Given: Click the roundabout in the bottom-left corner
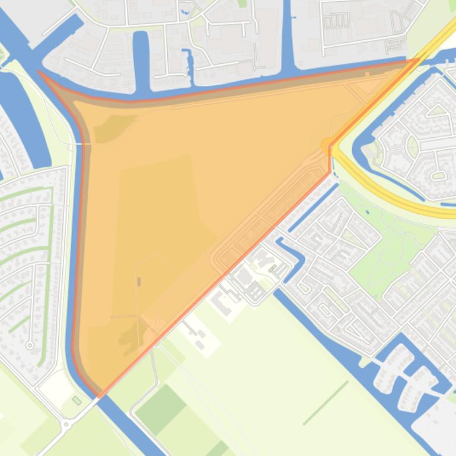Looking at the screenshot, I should pos(66,424).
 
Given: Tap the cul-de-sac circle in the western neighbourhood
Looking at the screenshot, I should pos(30,345).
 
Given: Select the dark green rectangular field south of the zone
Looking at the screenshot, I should pos(161,409).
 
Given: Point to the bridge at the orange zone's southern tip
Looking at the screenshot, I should pos(100,396).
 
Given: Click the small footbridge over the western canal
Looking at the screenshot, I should pos(84,143).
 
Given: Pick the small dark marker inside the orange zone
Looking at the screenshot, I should pos(139,282).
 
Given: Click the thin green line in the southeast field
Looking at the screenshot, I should pos(326,403).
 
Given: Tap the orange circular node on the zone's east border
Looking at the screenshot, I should pos(327,144).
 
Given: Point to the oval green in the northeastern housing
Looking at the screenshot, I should pos(439,175).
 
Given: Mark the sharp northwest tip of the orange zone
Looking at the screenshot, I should pos(39,72).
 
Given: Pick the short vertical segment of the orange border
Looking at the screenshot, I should pos(330,160).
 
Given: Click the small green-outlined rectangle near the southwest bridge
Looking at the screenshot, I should pos(76,401).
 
